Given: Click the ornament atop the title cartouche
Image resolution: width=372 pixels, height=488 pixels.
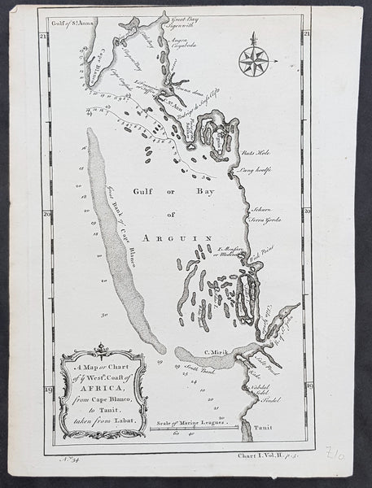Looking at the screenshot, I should click(x=101, y=351).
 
